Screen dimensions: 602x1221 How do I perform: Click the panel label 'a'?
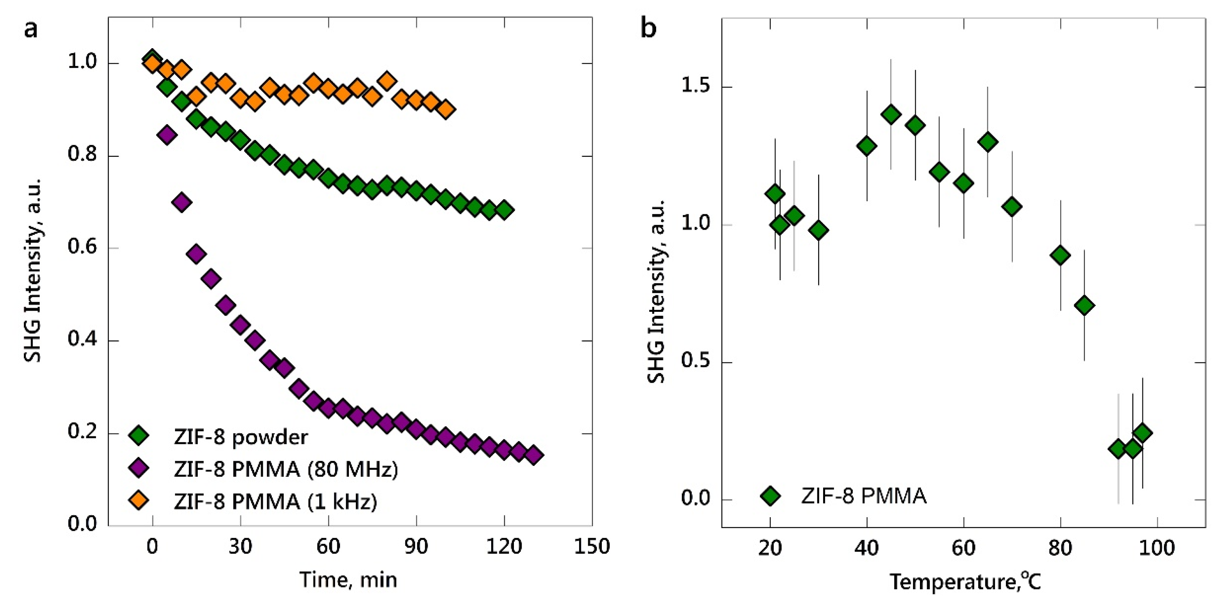[x=31, y=29]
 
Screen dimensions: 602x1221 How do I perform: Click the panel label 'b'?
[x=648, y=29]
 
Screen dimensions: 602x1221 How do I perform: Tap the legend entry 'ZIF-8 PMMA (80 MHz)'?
[x=286, y=469]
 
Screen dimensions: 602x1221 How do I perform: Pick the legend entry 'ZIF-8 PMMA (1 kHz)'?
[x=275, y=501]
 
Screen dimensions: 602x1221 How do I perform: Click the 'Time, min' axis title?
[x=349, y=580]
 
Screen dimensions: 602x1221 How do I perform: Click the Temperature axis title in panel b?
[x=965, y=581]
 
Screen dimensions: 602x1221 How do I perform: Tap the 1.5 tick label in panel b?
[x=696, y=86]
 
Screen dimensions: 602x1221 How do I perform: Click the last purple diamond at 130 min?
[x=533, y=455]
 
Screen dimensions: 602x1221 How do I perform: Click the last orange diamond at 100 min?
[x=446, y=110]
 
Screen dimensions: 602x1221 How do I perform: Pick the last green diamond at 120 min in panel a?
[x=504, y=210]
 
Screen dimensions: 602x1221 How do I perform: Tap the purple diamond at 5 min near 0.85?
[x=167, y=135]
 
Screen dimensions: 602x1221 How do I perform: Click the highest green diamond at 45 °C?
[x=891, y=114]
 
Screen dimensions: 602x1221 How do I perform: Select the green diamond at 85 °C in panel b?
[x=1085, y=306]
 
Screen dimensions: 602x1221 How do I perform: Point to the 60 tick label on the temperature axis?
[x=963, y=548]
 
